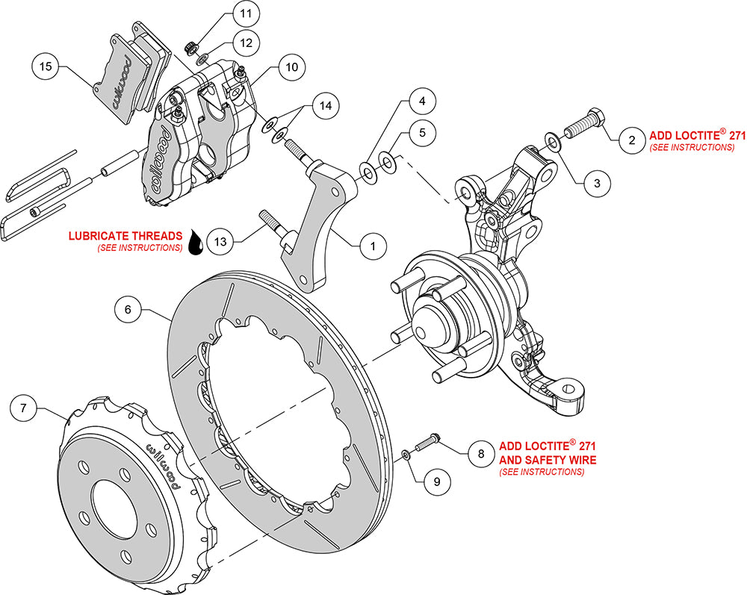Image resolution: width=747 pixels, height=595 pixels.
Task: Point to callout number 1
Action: tap(372, 243)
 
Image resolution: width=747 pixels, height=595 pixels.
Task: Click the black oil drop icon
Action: tap(196, 243)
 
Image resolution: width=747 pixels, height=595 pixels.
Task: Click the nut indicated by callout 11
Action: tap(190, 48)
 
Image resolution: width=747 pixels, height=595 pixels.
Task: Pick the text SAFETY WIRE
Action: tap(560, 461)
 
